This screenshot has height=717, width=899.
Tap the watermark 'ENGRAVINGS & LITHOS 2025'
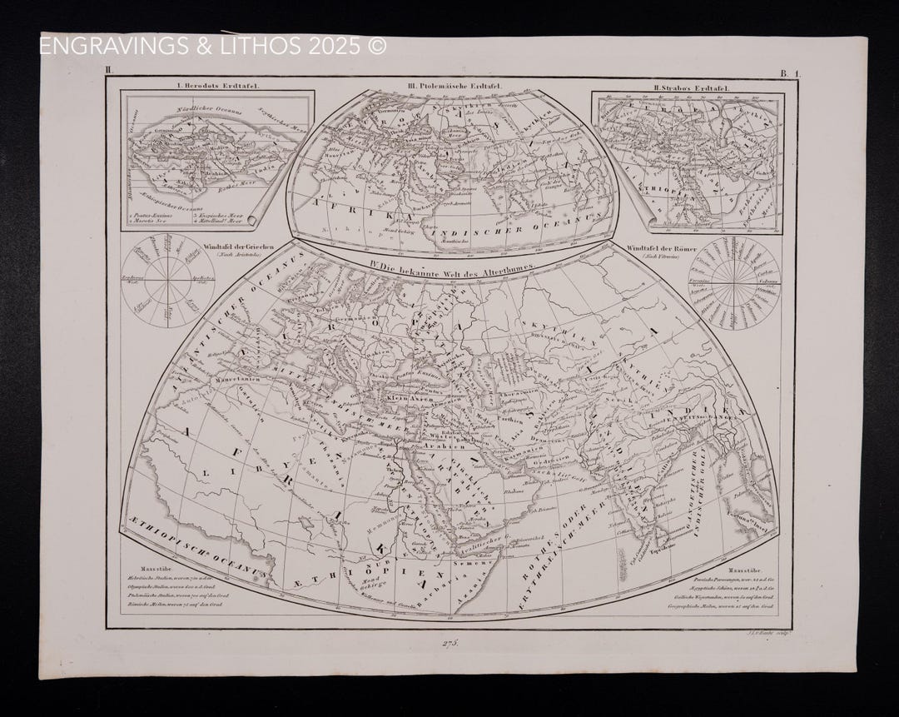click(213, 46)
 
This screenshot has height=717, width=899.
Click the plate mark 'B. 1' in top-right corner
click(788, 74)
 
